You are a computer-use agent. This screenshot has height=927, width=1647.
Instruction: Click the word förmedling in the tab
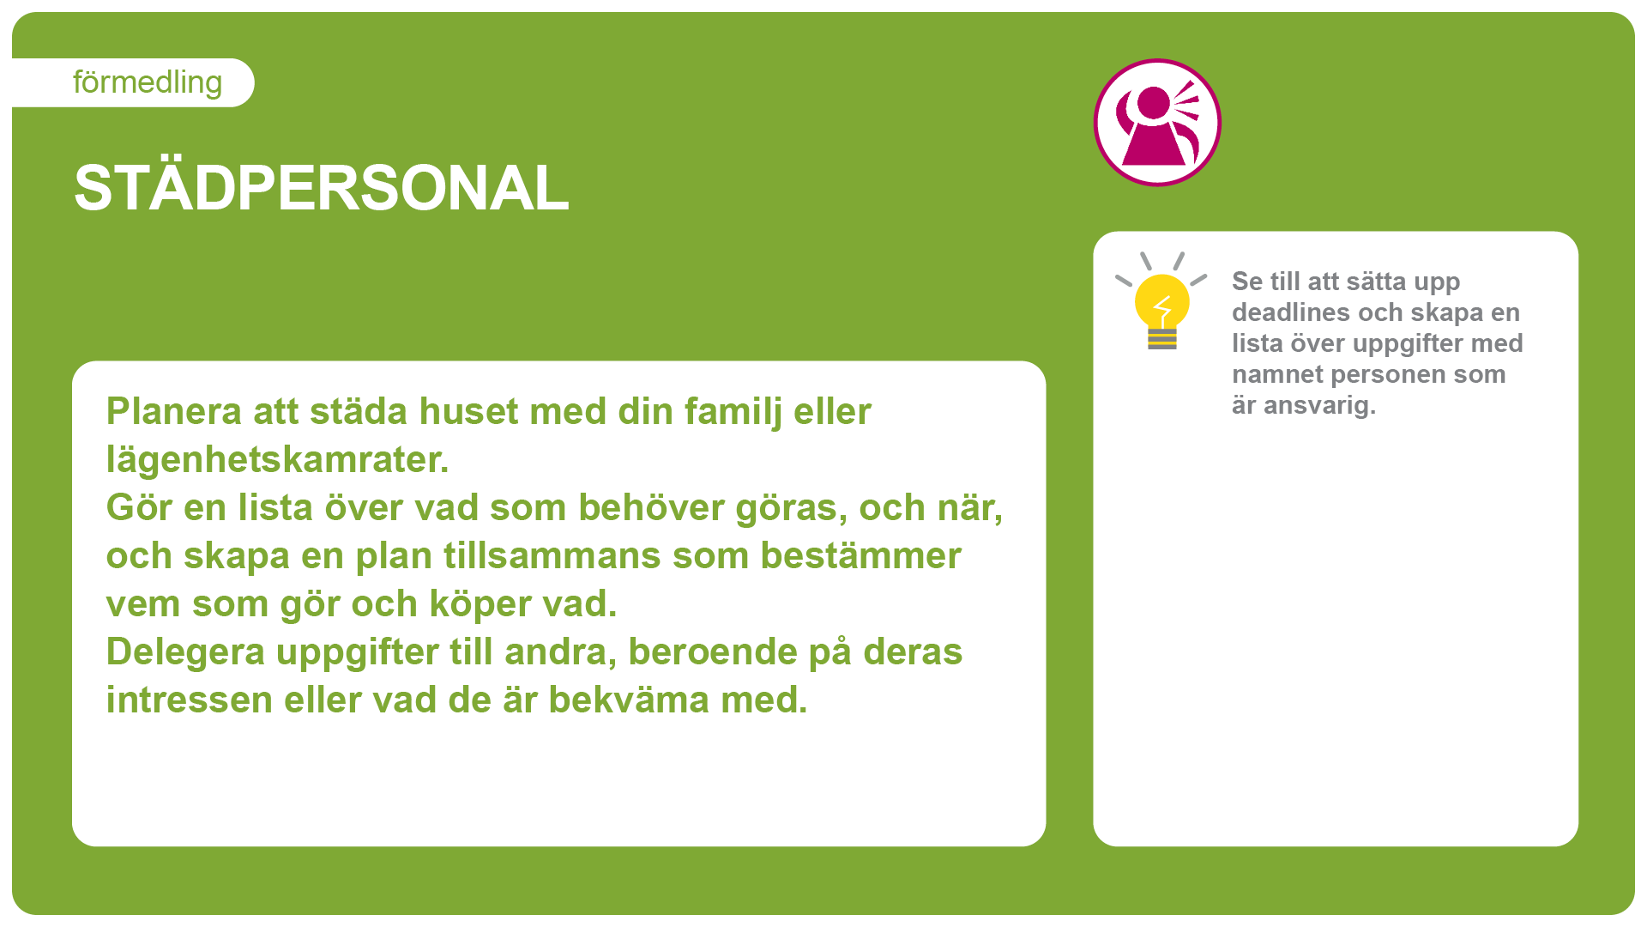point(148,82)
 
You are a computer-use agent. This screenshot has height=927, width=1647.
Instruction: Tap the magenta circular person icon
point(1157,122)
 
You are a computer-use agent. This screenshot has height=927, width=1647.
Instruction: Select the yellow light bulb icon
point(1161,301)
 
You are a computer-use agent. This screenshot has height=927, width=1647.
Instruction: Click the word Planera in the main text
point(174,411)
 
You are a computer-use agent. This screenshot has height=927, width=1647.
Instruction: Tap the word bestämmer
point(861,555)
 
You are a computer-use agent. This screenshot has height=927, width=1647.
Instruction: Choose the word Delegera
point(185,651)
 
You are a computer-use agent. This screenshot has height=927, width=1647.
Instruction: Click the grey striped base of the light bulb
point(1162,339)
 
